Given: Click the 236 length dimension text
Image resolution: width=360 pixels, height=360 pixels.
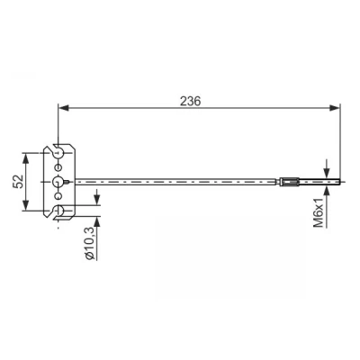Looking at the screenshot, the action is (190, 102).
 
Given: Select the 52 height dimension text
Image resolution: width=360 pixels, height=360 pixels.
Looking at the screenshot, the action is (19, 181).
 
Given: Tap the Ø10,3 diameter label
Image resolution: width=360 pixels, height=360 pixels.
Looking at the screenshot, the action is (90, 243).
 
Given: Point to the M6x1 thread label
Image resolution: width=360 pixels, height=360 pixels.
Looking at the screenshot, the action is (319, 212).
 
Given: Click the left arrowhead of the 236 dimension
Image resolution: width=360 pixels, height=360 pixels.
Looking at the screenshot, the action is (64, 108).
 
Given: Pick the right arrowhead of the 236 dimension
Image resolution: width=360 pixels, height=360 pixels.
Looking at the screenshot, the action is (334, 108).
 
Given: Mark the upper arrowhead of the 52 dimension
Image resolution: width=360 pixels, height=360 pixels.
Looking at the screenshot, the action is (26, 158).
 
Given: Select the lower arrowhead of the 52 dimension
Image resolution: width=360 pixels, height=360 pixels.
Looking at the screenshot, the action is (26, 205).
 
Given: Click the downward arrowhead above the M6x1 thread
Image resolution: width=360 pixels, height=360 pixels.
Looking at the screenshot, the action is (327, 173).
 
